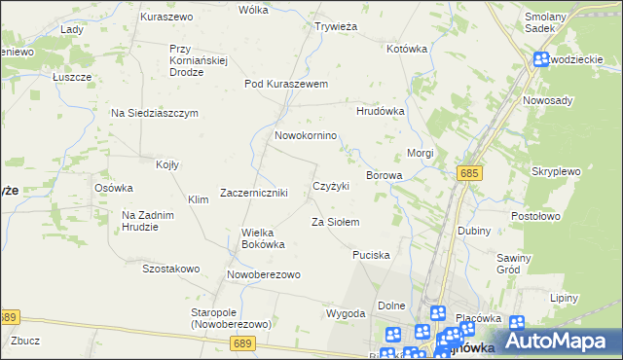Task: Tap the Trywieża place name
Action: click(337, 26)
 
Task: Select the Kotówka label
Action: click(407, 48)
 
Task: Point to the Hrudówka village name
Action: click(380, 111)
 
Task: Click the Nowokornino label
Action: click(306, 135)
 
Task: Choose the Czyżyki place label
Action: click(330, 186)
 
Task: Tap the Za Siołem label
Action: click(335, 222)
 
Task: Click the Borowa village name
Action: click(384, 175)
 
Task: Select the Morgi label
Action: click(420, 153)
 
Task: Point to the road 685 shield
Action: click(469, 172)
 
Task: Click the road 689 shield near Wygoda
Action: click(244, 343)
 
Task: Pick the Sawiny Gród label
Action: click(513, 265)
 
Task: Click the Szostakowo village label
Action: click(170, 269)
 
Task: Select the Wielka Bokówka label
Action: click(263, 238)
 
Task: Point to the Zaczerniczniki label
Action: click(253, 193)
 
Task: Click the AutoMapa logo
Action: click(562, 341)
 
